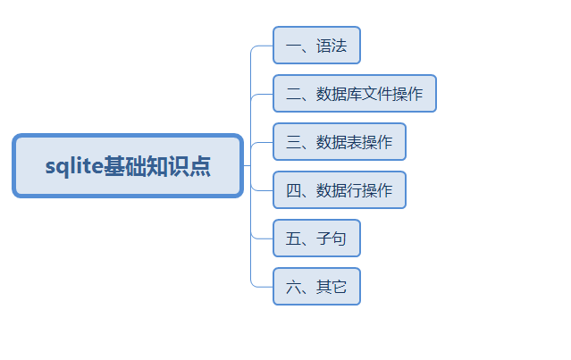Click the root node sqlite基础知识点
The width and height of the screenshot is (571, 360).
[x=128, y=166]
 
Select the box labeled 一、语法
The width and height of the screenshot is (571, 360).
[x=317, y=46]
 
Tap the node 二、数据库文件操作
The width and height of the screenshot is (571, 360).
[x=355, y=94]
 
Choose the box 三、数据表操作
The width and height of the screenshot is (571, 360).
[x=340, y=142]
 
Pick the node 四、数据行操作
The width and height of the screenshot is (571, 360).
[x=340, y=190]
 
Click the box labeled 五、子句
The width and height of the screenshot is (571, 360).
[x=317, y=238]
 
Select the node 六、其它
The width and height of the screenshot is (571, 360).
[x=317, y=287]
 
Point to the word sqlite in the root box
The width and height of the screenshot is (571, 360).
[x=74, y=166]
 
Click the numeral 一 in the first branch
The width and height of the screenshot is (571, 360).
[x=293, y=46]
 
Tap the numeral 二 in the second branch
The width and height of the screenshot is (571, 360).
[x=293, y=94]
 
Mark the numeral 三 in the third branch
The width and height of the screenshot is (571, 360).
[x=293, y=142]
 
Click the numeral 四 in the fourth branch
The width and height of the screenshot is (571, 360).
[x=293, y=190]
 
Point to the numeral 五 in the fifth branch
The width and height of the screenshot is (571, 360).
[x=293, y=239]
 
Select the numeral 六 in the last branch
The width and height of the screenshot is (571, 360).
[x=293, y=287]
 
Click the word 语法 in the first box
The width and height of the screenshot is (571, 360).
[x=332, y=46]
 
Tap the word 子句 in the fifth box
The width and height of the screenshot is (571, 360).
[x=331, y=239]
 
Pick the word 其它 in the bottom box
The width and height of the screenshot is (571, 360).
[x=332, y=287]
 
